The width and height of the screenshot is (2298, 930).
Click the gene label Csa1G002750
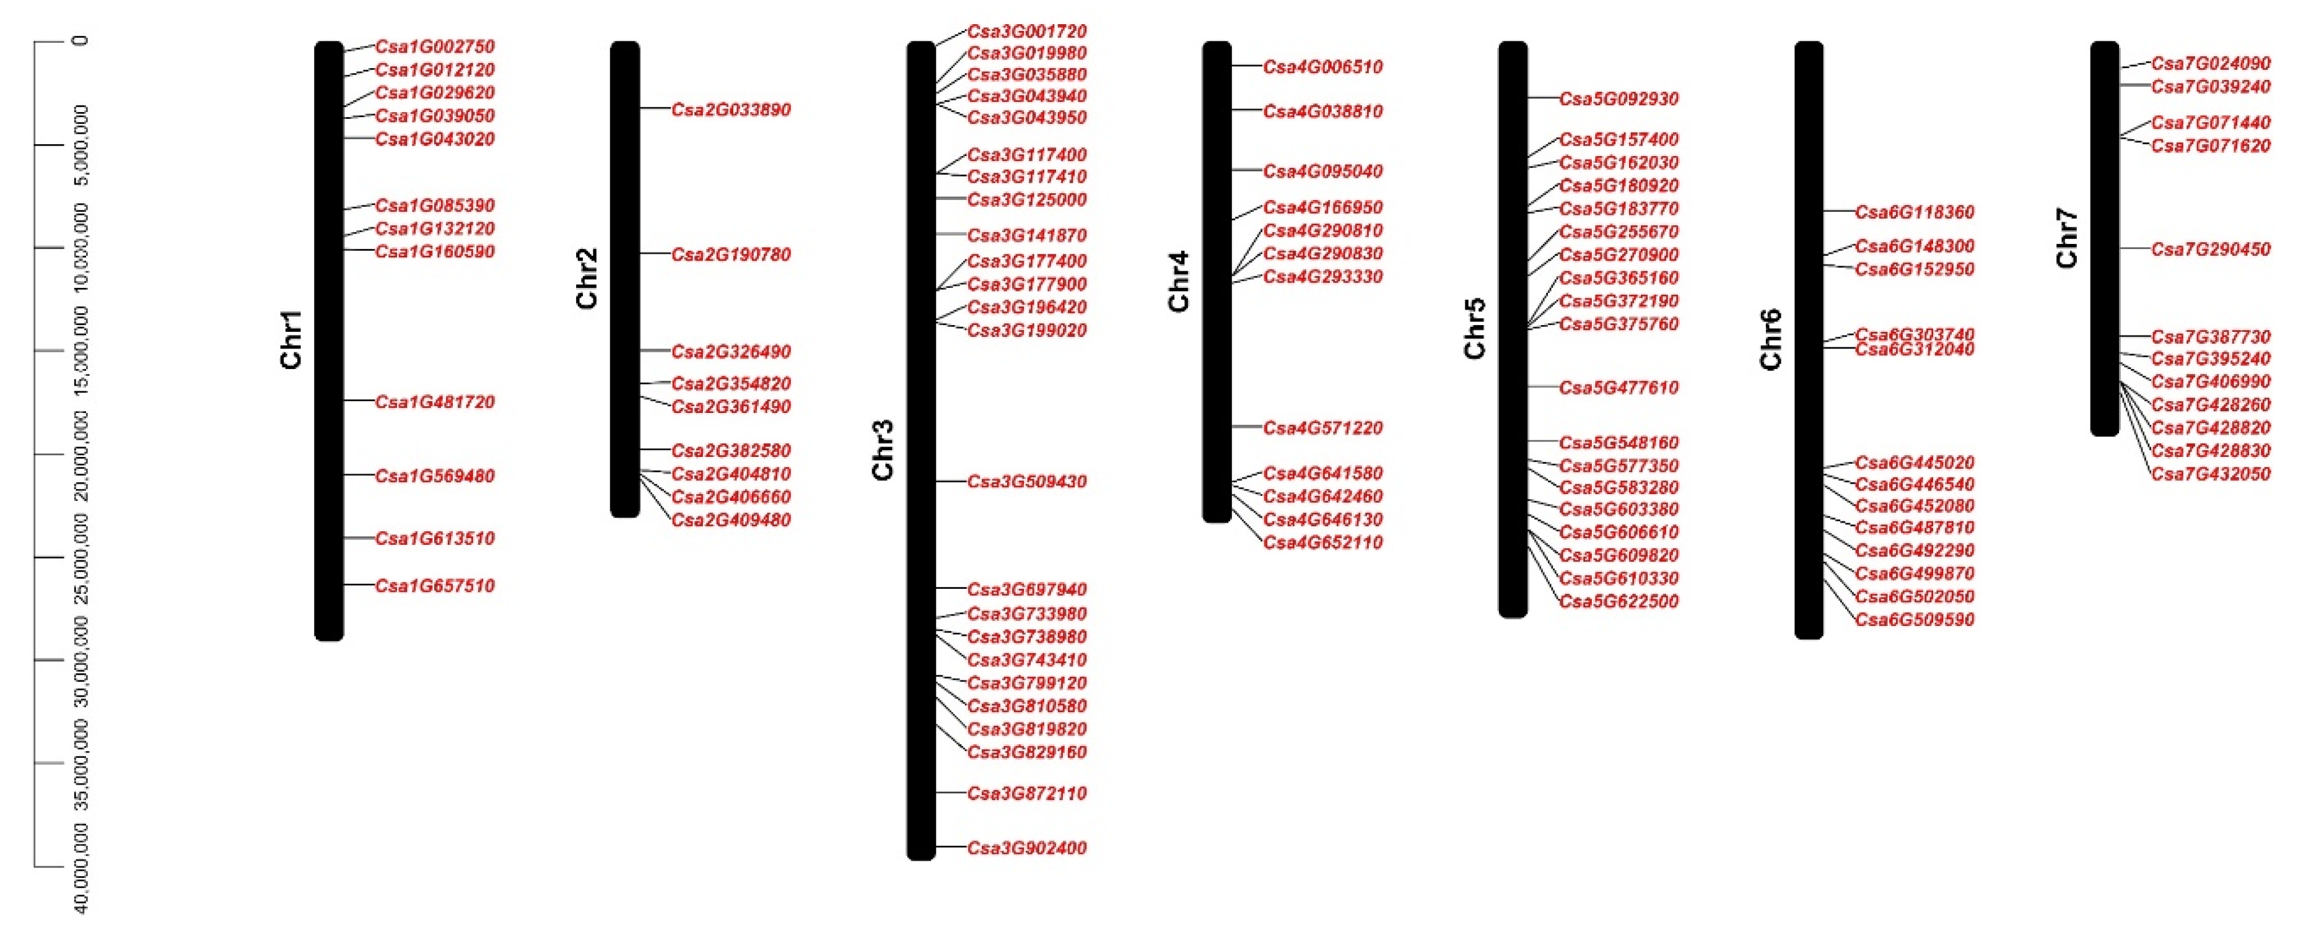(x=434, y=46)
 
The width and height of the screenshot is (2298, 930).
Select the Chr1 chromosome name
(x=292, y=340)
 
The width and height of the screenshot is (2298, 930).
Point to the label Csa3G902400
(x=1027, y=848)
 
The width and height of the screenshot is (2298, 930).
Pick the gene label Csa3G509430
(x=1027, y=482)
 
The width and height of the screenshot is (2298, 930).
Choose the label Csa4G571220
(x=1323, y=428)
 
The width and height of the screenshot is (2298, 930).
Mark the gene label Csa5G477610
(x=1619, y=388)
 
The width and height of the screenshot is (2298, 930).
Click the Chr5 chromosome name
(x=1475, y=328)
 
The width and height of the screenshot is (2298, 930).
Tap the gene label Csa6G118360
(x=1915, y=212)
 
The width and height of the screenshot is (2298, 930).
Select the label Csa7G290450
(x=2211, y=250)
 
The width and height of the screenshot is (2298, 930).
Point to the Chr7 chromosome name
(x=2067, y=238)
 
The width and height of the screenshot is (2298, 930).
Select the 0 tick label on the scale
(x=81, y=41)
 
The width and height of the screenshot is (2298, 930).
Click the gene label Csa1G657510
(x=434, y=586)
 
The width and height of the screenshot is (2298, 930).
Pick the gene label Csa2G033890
(x=731, y=110)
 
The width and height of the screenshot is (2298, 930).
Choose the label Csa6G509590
(x=1915, y=620)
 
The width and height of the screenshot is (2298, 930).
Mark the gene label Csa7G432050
(x=2211, y=474)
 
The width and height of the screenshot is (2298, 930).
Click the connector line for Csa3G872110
(x=951, y=793)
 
